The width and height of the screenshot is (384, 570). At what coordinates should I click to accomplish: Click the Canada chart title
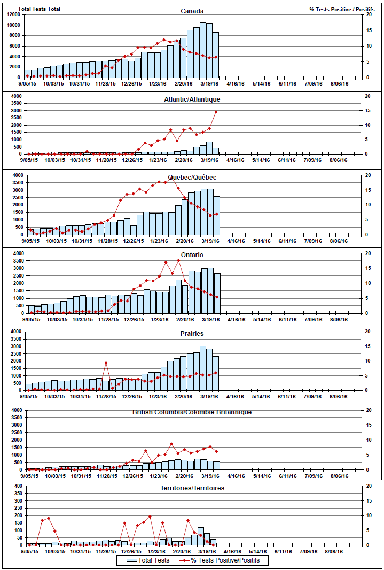tap(192, 11)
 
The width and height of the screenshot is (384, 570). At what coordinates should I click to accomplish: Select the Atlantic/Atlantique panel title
tap(192, 99)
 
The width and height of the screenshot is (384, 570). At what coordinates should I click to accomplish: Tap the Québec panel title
tap(192, 177)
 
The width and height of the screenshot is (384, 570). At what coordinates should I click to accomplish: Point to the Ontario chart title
tap(192, 255)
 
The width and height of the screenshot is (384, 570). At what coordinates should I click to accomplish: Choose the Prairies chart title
tap(192, 333)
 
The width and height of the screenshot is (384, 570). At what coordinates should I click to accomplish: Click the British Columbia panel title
tap(192, 412)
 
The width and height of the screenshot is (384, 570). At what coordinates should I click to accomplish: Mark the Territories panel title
tap(192, 488)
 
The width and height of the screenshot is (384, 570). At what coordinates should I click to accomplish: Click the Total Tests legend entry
tap(149, 560)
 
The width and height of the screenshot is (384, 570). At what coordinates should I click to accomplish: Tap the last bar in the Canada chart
tap(216, 55)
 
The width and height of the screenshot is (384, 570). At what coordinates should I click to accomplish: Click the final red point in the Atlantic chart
tap(216, 112)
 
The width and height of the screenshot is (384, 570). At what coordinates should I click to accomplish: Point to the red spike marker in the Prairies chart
tap(106, 363)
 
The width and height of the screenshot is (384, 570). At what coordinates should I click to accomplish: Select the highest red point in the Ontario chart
tap(178, 260)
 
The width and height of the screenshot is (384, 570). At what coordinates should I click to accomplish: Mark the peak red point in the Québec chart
tap(172, 178)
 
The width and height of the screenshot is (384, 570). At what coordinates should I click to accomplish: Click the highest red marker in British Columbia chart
tap(171, 444)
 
